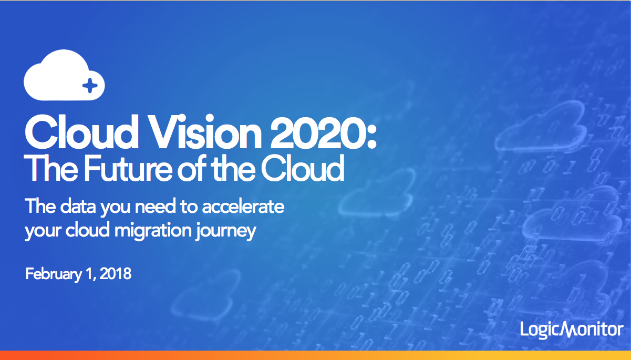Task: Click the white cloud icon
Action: [x=64, y=75]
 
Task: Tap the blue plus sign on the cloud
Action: [x=90, y=86]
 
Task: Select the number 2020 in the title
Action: [x=318, y=132]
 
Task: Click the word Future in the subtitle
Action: [x=128, y=168]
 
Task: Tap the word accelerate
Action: [x=243, y=206]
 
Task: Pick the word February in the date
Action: [x=54, y=274]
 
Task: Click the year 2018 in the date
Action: [x=116, y=273]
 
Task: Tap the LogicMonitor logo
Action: [x=572, y=330]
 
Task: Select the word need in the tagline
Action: [x=155, y=206]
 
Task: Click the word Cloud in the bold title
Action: [x=81, y=132]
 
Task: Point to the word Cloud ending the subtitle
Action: [x=303, y=168]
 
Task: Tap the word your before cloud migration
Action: [x=43, y=231]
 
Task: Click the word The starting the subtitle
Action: [x=51, y=168]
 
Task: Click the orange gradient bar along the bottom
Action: [x=315, y=355]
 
